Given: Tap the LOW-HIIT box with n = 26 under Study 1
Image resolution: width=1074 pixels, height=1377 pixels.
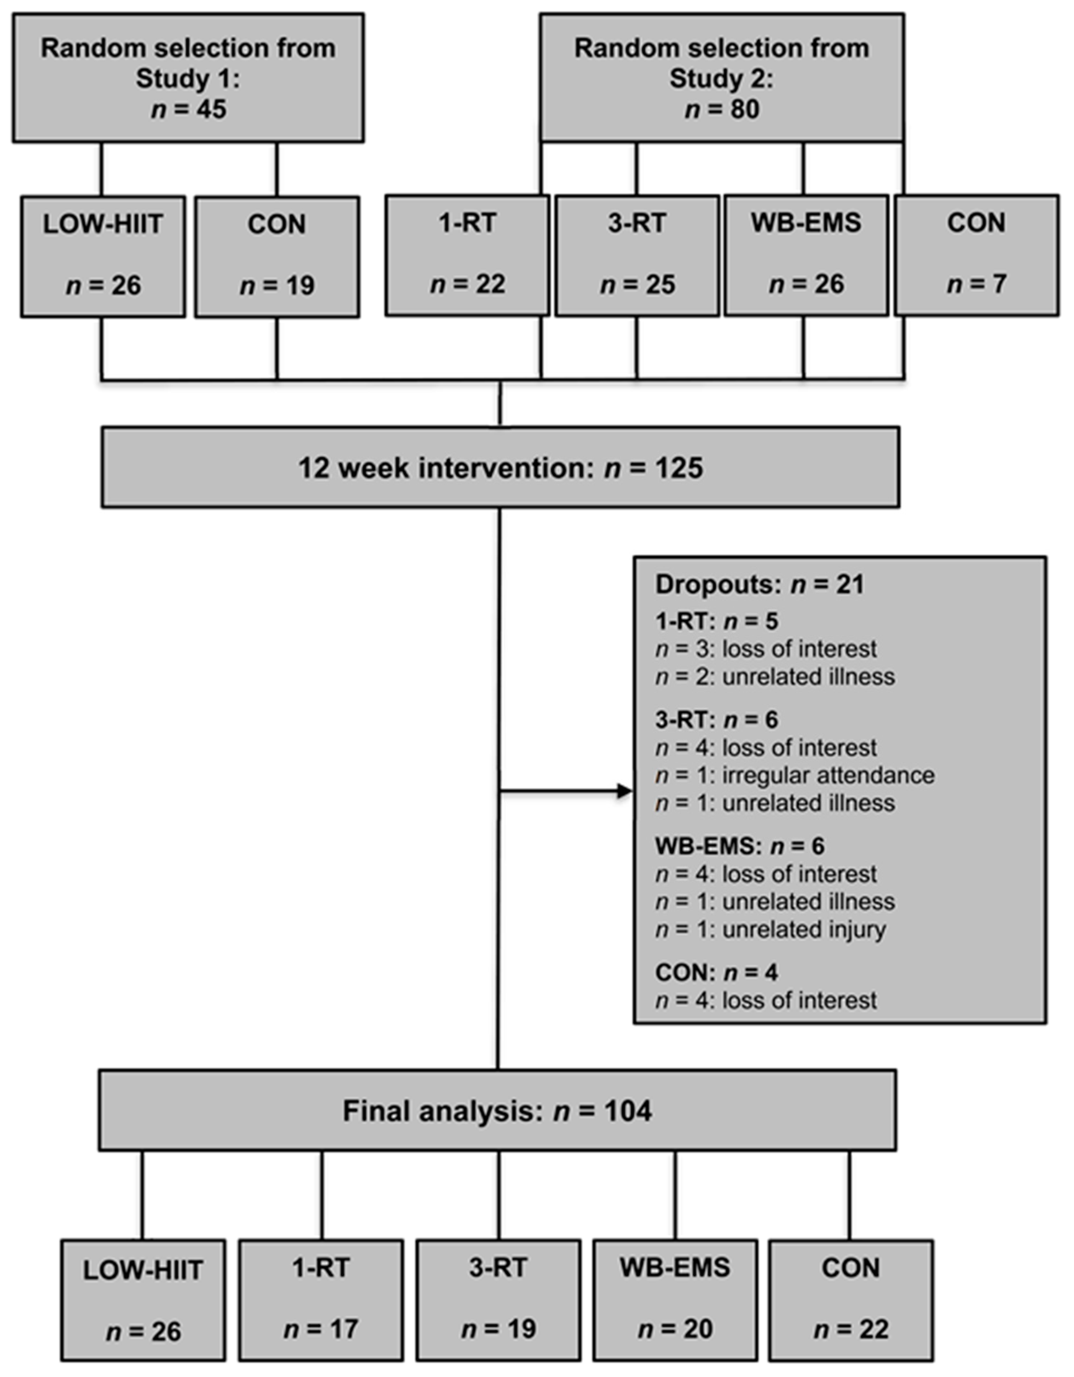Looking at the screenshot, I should pos(103,256).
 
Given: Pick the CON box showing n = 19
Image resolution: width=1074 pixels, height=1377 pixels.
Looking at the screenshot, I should pos(277,256).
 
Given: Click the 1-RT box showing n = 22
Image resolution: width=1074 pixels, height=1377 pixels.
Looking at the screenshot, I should pos(467,255).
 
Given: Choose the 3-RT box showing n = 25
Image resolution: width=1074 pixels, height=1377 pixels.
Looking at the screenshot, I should pos(637,255).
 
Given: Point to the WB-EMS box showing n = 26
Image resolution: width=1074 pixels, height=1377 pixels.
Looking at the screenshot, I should pos(805,255).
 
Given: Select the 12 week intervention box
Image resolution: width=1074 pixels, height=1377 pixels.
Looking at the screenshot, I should pos(500,467).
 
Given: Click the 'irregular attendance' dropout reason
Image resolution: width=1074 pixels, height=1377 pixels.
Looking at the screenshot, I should pos(827,775).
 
